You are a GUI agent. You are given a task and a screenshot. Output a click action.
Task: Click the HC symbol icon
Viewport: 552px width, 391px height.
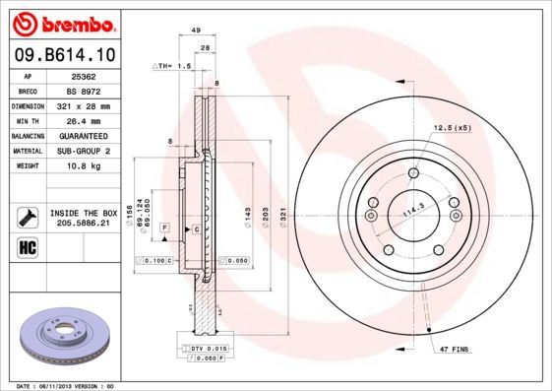pyautogui.click(x=27, y=246)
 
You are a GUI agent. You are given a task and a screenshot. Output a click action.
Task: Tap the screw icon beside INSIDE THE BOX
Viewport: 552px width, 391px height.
pyautogui.click(x=27, y=217)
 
